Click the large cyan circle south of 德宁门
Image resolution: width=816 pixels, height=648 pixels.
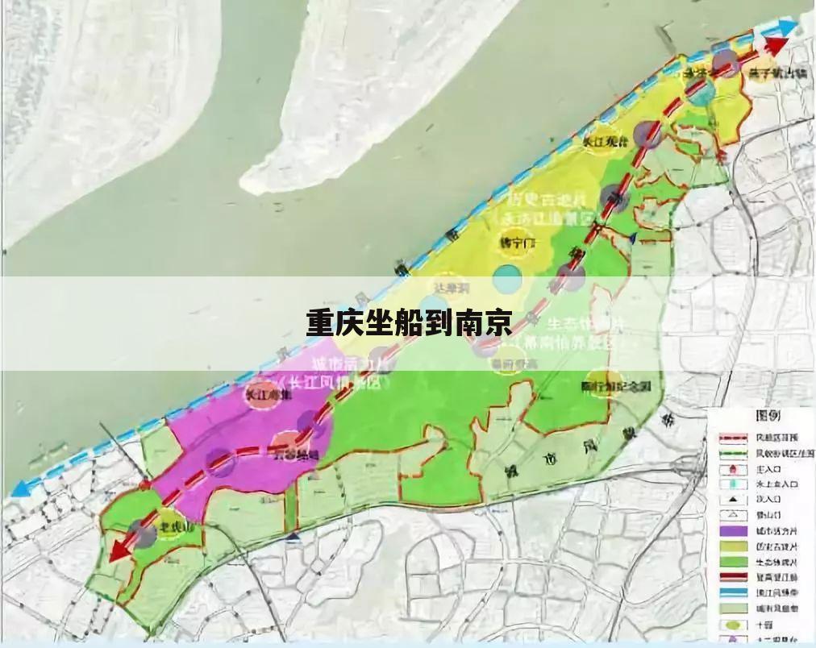tap(507, 279)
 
